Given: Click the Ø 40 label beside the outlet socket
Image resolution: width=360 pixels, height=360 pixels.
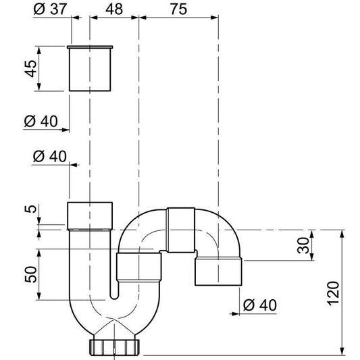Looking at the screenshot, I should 259,305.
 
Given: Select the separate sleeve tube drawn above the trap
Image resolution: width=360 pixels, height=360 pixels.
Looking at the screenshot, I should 91,69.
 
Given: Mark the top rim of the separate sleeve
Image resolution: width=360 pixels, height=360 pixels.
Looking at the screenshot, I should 91,47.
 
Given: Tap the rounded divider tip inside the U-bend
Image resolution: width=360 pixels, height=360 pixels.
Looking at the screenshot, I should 113,296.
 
